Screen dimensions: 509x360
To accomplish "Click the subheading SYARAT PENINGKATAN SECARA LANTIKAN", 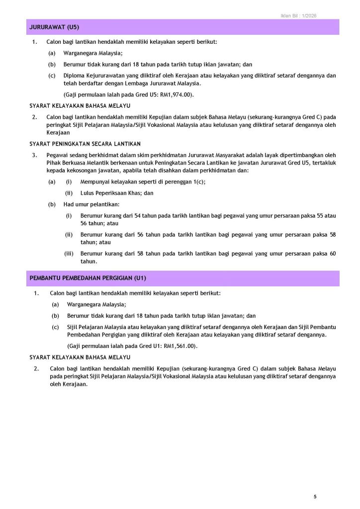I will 85,144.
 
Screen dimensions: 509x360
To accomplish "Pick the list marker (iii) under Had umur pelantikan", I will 69,254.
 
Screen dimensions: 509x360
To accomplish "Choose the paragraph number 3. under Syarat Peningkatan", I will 34,155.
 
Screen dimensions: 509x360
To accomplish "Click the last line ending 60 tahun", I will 89,261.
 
